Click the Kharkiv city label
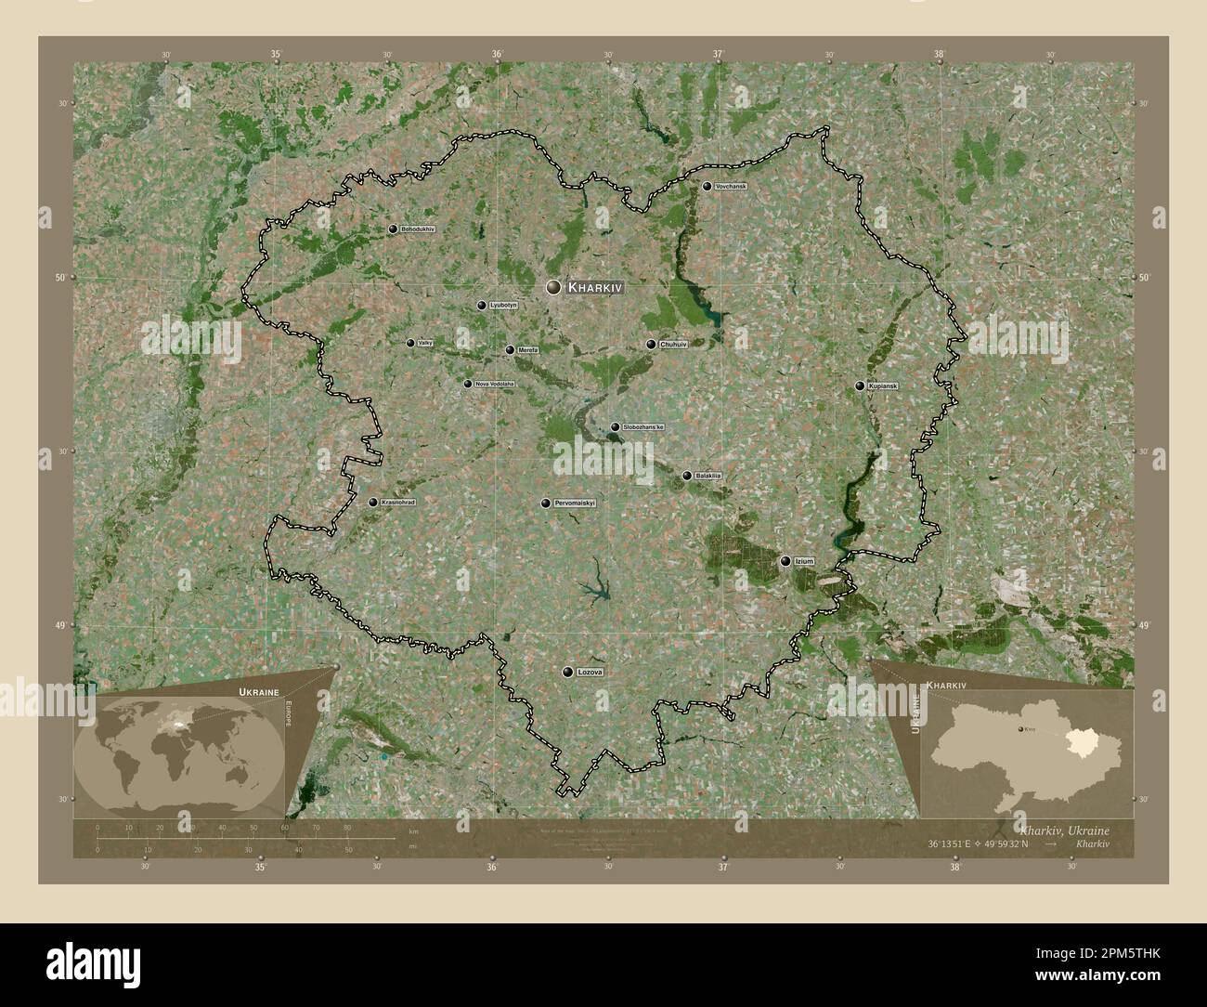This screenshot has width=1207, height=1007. (595, 288)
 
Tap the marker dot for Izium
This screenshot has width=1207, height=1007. (785, 561)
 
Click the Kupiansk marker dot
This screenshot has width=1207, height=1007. (860, 386)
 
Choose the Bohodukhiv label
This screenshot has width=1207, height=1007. (418, 229)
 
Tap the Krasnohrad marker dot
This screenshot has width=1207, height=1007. (373, 503)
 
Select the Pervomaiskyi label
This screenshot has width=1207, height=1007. (574, 503)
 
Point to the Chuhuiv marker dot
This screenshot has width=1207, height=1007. (651, 345)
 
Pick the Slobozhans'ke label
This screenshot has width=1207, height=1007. (643, 426)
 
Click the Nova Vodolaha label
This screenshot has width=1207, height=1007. (494, 384)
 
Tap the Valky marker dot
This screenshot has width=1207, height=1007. (410, 343)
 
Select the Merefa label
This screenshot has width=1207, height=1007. (527, 350)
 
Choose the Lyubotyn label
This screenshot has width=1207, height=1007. (502, 305)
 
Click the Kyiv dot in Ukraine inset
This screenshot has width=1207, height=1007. (1021, 731)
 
